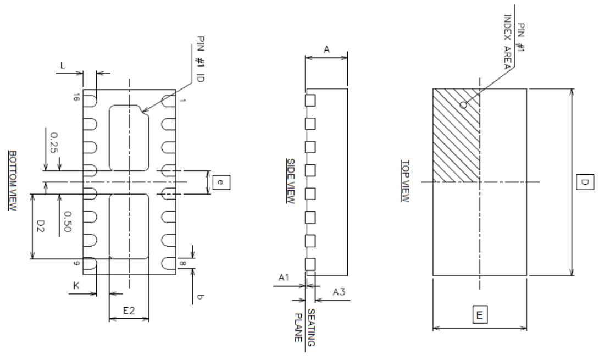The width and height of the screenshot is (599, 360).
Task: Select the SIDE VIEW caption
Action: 290,181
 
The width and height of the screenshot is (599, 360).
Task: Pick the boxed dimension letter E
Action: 480,315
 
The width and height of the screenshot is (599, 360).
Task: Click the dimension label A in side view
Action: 326,49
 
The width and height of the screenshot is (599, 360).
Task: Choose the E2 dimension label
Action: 129,311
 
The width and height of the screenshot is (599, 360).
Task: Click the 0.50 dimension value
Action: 68,221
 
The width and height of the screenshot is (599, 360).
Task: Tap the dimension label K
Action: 77,285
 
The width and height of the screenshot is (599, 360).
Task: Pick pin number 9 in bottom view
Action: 76,264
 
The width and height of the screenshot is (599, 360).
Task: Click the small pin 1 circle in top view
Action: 463,104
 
